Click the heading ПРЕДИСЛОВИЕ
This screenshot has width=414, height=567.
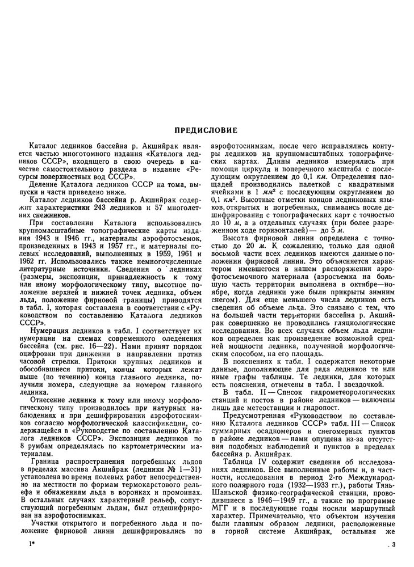[x=207, y=129]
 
